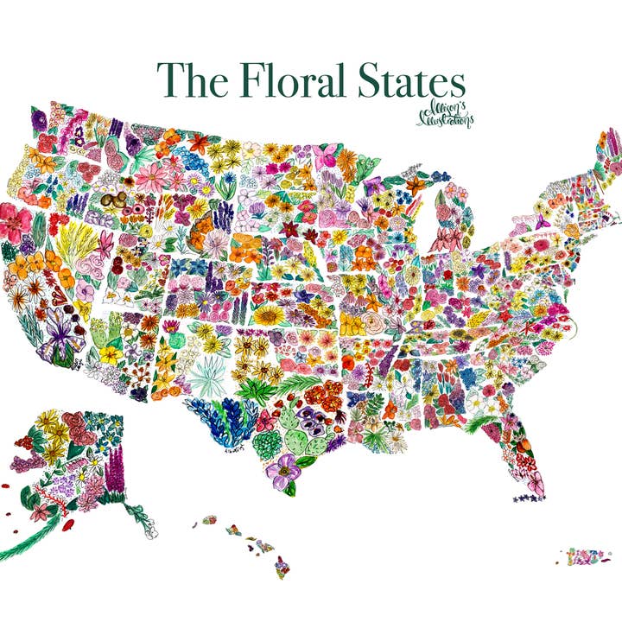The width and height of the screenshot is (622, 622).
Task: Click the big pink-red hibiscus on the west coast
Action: coord(15,222)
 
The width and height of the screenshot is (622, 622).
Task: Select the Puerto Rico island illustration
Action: coord(587,554)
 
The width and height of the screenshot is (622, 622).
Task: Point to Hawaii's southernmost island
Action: coord(281,568)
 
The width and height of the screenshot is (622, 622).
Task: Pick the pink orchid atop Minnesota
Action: coord(327,156)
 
